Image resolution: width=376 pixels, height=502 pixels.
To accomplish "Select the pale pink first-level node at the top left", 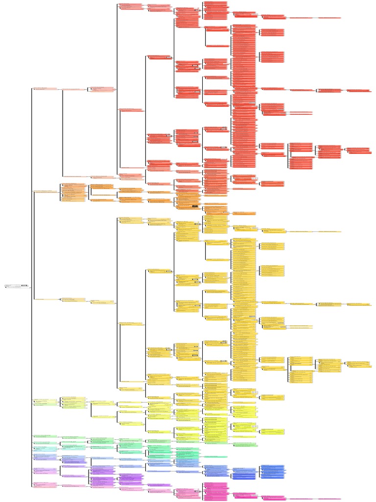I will coord(45,89).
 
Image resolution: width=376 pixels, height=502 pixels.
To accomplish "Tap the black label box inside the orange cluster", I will coord(195,206).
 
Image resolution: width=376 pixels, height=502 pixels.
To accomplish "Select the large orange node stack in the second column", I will coord(73,192).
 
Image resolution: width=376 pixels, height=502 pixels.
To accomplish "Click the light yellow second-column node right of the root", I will coord(73,300).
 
